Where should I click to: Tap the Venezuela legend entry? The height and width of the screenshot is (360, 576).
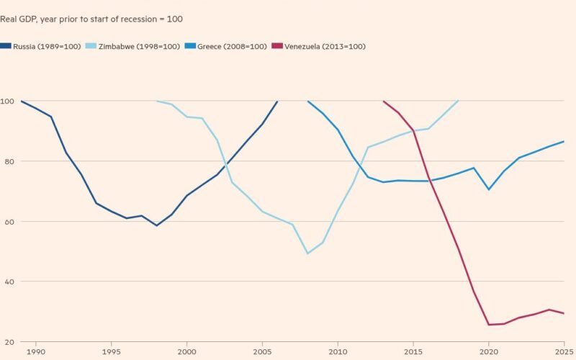coord(320,46)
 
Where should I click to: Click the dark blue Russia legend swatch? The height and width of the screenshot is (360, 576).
coord(6,46)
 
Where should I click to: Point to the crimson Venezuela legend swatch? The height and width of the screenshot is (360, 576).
coord(276,46)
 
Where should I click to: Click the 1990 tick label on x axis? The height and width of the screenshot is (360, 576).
coord(36,351)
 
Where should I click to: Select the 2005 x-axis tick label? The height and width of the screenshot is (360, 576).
coord(263,351)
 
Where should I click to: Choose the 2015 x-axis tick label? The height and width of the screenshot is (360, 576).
coord(414,351)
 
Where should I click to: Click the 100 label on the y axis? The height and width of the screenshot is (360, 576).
coord(7,101)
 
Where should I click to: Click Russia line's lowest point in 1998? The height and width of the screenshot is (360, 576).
coord(157,225)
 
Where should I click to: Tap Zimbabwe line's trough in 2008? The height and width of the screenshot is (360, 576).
coord(308,253)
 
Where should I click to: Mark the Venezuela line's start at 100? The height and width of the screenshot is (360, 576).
coord(384,101)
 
